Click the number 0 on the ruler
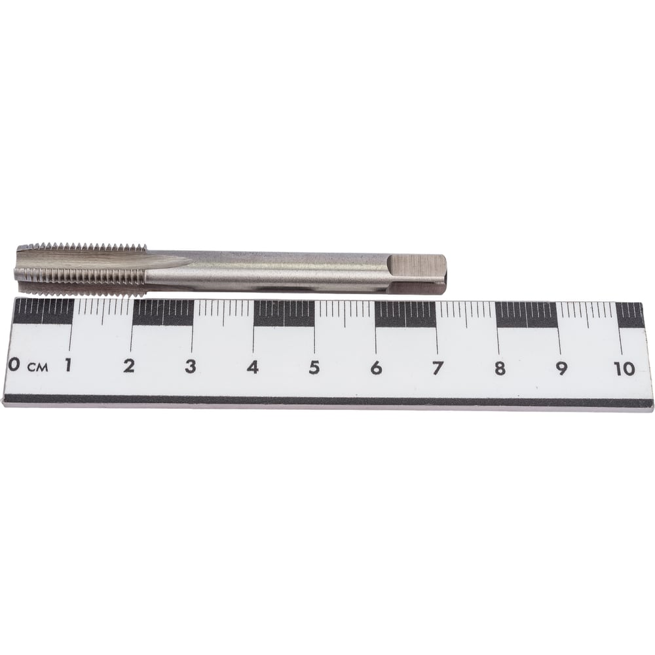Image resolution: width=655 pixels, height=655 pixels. (x=14, y=364)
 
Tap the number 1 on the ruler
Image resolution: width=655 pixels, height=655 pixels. (x=67, y=365)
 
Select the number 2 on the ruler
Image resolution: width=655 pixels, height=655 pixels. (x=129, y=366)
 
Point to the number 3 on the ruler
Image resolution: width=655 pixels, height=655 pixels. (x=191, y=366)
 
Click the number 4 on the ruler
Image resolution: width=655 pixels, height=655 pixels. (x=252, y=367)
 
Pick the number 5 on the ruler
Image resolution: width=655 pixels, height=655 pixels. (x=314, y=367)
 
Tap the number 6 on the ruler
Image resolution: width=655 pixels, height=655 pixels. (x=376, y=368)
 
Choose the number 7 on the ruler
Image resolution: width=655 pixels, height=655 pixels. (x=438, y=368)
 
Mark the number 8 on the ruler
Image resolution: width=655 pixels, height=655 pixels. (x=500, y=368)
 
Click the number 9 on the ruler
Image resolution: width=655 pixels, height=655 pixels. (x=561, y=368)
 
